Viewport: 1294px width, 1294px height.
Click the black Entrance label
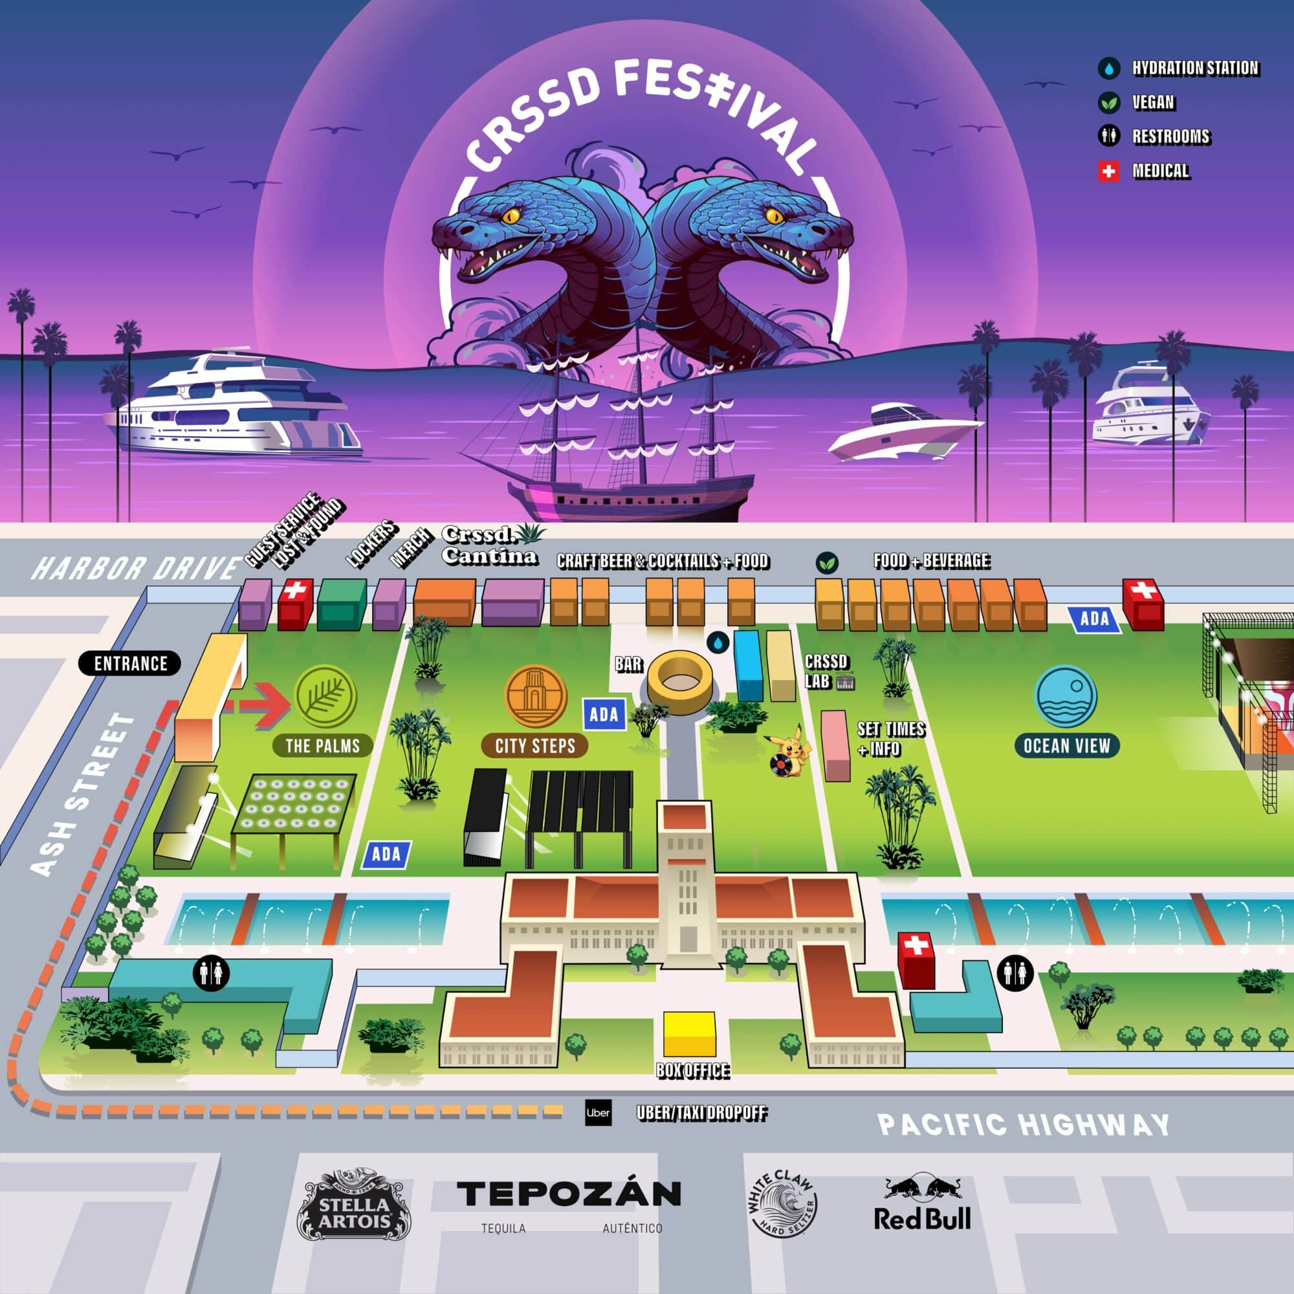[130, 663]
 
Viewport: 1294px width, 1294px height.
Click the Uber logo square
[597, 1112]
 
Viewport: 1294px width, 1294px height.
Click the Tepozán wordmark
[569, 1194]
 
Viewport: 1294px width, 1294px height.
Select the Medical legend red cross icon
[1109, 171]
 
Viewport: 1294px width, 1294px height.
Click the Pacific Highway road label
[1024, 1124]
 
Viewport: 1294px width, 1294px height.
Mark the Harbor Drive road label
[135, 569]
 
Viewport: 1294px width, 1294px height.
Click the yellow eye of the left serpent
[511, 215]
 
